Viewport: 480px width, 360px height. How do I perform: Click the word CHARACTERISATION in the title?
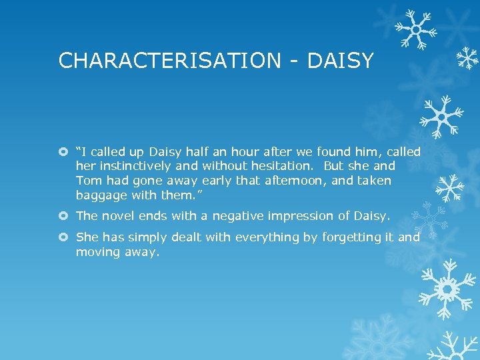click(x=170, y=61)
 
